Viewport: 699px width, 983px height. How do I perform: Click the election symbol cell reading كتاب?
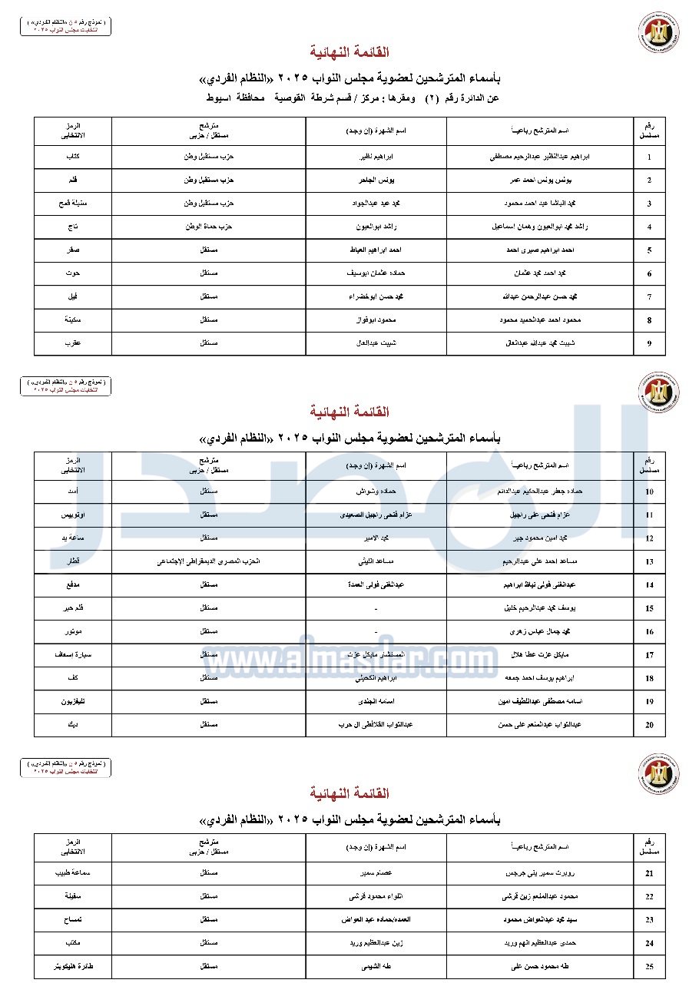pos(73,157)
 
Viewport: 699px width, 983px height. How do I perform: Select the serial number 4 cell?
pos(649,227)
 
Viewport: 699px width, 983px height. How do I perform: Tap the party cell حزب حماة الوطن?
pos(209,227)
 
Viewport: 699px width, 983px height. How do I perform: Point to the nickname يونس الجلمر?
pos(376,180)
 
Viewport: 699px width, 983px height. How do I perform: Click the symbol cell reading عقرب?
pos(73,343)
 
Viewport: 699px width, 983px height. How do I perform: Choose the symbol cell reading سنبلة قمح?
pos(73,204)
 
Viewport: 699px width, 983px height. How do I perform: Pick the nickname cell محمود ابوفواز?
pos(376,320)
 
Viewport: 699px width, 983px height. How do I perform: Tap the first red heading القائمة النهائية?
pos(349,52)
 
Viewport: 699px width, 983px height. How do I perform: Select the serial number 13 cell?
pos(649,562)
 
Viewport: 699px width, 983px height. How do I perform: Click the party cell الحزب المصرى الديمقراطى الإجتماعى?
pos(209,562)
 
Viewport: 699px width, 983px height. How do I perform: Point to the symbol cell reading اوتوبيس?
pos(73,515)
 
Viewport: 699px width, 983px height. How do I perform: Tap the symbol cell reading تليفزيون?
pos(73,702)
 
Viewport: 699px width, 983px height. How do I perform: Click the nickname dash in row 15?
pos(376,609)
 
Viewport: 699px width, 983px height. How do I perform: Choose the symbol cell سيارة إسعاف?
pos(73,655)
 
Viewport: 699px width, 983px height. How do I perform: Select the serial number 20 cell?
pos(649,725)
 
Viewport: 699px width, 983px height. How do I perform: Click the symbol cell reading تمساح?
pos(73,920)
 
